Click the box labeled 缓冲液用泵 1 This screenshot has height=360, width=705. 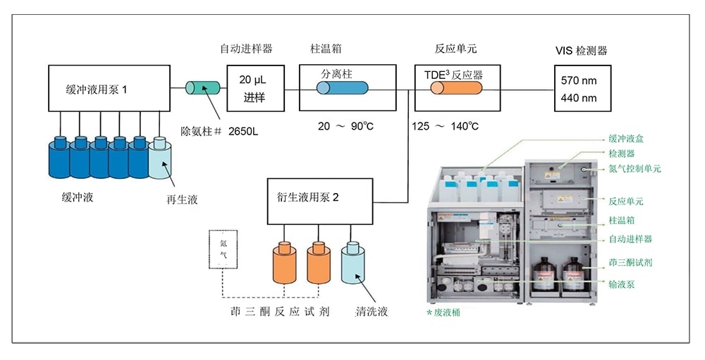(109, 89)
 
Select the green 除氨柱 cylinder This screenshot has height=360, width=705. (203, 88)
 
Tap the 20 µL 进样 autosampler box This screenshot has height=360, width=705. (254, 88)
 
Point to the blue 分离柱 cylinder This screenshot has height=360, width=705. (343, 87)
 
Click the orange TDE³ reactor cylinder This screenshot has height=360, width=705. (456, 88)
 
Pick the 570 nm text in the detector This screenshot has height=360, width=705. (579, 80)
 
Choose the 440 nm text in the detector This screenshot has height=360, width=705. (579, 98)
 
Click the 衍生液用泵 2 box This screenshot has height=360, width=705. (319, 198)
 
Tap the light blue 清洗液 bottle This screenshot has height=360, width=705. (354, 265)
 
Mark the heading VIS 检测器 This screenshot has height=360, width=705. (582, 51)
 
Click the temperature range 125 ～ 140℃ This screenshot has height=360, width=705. (446, 126)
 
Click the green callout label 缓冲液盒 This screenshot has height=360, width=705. (625, 139)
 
